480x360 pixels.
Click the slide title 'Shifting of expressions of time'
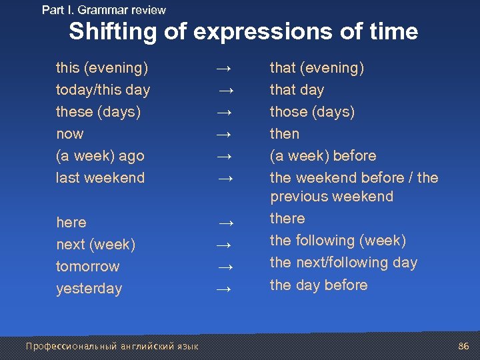tap(243, 32)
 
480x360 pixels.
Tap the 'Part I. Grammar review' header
tap(104, 10)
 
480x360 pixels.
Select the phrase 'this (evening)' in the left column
tap(102, 68)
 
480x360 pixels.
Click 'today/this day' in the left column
tap(103, 90)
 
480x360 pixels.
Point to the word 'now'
tap(70, 134)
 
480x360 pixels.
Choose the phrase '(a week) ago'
tap(100, 156)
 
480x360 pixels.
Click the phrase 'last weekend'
tap(100, 178)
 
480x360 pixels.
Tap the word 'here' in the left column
tap(71, 223)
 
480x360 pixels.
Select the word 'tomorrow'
tap(88, 267)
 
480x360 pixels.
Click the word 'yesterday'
tap(89, 289)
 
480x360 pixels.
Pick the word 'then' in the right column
tap(285, 134)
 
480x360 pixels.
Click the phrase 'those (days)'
tap(312, 112)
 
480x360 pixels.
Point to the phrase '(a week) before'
tap(323, 156)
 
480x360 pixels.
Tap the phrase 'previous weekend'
tap(332, 197)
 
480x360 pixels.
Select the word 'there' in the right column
tap(287, 219)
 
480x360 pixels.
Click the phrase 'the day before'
tap(319, 285)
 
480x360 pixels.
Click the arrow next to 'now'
tap(225, 135)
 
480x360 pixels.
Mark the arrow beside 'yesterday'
tap(225, 289)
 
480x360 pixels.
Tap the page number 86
tap(464, 347)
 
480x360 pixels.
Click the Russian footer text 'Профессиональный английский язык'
tap(112, 347)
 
